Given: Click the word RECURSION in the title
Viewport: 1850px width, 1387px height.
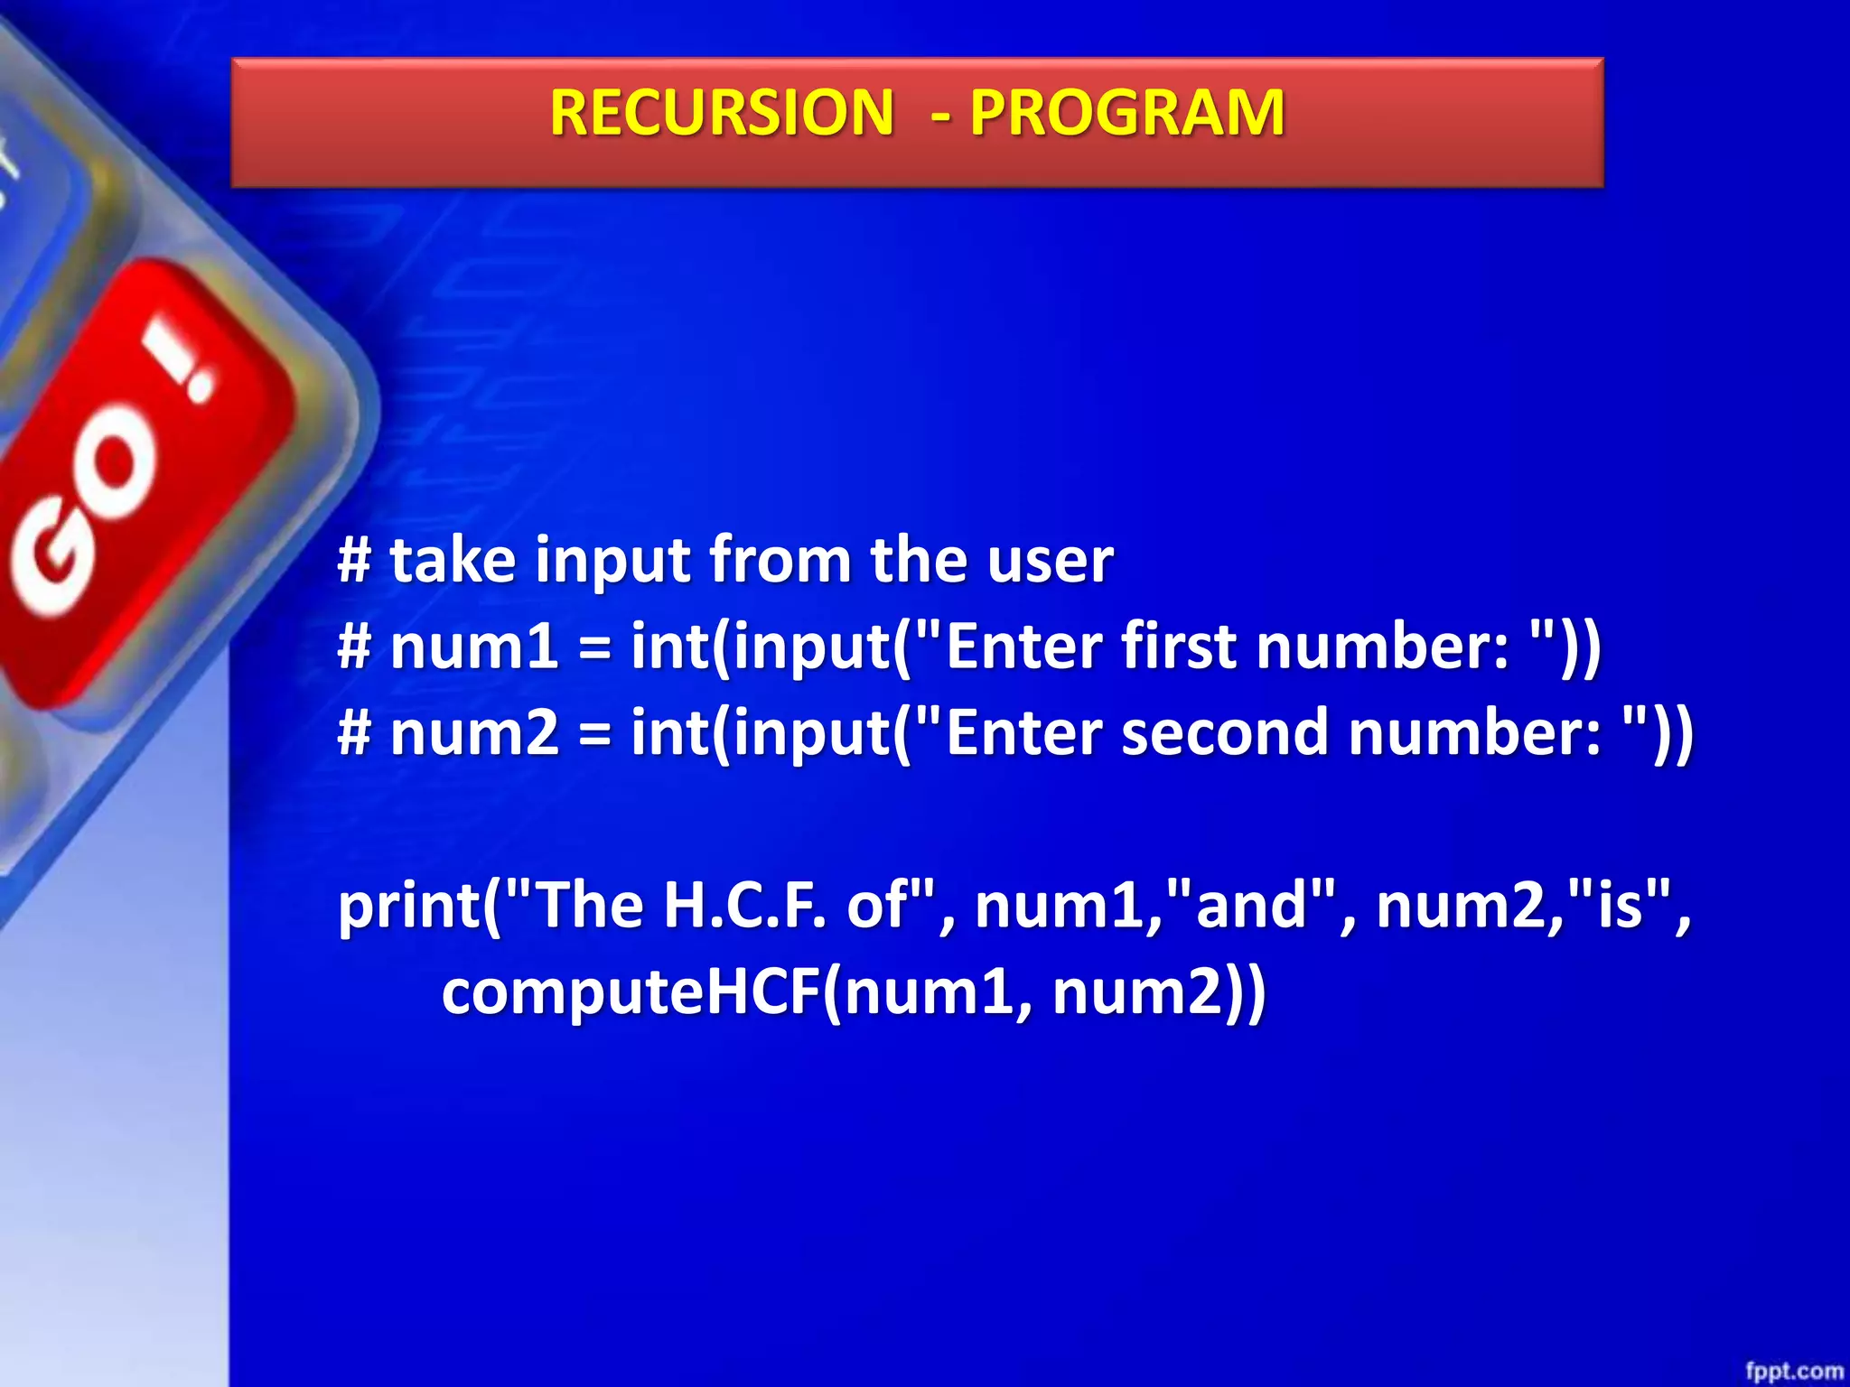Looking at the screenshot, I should [x=721, y=114].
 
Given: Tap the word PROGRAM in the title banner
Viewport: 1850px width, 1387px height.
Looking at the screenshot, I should [x=1126, y=114].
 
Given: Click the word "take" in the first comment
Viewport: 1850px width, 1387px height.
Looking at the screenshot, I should [x=453, y=561].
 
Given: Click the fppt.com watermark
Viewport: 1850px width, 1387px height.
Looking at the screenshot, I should [x=1793, y=1371].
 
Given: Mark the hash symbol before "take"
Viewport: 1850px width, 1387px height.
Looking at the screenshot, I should [x=354, y=561].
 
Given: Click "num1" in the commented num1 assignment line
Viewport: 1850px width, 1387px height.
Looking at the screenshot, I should [x=474, y=647].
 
